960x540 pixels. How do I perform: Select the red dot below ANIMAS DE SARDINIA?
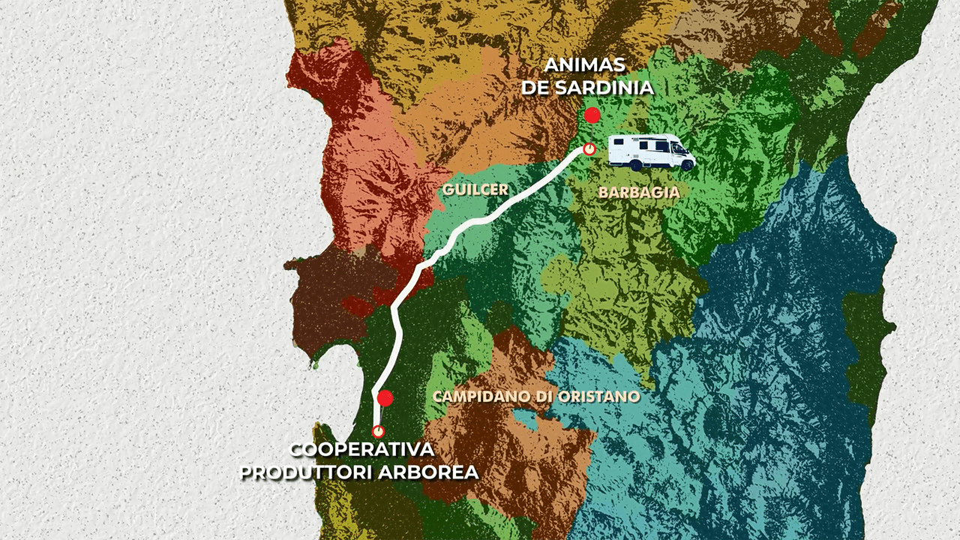[x=592, y=115]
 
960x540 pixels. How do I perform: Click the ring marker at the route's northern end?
[x=589, y=148]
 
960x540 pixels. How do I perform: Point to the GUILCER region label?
[x=475, y=190]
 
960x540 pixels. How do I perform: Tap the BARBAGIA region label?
[x=639, y=192]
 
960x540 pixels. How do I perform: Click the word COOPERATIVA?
[x=361, y=450]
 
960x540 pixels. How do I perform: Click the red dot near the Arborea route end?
[x=385, y=398]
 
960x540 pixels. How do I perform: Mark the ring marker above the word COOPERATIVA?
[x=378, y=430]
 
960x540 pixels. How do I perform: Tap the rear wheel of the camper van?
[x=635, y=164]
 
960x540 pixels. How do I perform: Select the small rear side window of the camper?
[x=622, y=144]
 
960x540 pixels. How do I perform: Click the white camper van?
[x=650, y=151]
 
